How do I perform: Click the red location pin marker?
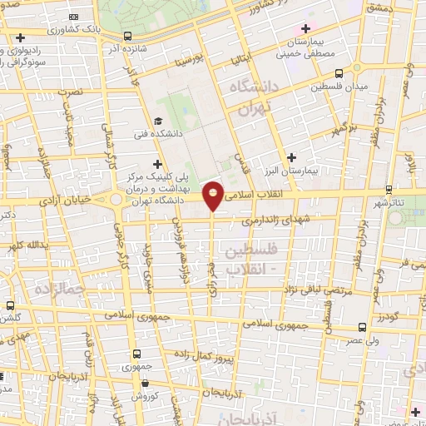[213, 195]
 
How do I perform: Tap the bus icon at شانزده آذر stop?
[127, 37]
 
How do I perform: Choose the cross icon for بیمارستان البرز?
[291, 156]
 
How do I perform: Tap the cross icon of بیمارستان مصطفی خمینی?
[306, 30]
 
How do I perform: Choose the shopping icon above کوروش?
[146, 384]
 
